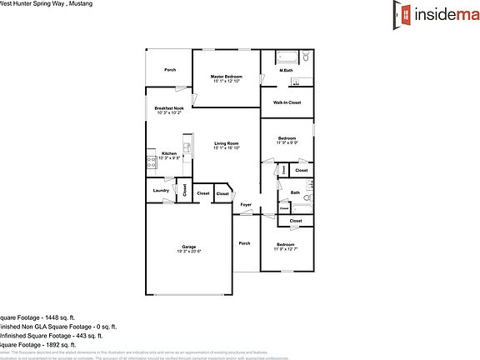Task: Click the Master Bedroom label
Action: [x=226, y=78]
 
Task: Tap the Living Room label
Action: [x=226, y=145]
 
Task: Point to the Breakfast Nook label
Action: [x=169, y=109]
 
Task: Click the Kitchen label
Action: [x=169, y=155]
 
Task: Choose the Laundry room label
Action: [x=161, y=191]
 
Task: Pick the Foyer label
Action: [x=246, y=204]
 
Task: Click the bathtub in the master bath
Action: [x=287, y=58]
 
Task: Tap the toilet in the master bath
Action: [x=306, y=58]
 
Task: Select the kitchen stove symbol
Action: [x=152, y=162]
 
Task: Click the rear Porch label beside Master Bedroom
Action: [x=169, y=69]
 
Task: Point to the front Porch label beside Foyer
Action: [x=244, y=243]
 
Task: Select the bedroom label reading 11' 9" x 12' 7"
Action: [x=287, y=247]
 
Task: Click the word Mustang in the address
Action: [x=78, y=4]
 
